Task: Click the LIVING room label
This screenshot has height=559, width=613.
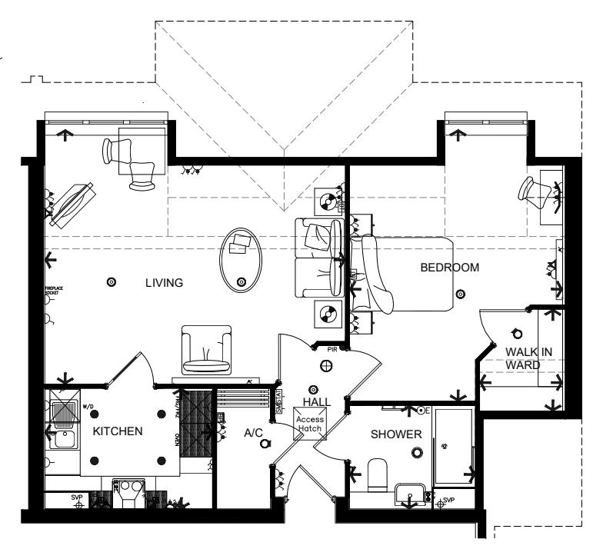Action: click(x=164, y=283)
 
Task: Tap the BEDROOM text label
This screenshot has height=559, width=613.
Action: click(x=449, y=268)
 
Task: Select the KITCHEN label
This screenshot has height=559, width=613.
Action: click(x=118, y=431)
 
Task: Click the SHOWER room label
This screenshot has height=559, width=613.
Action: click(x=396, y=434)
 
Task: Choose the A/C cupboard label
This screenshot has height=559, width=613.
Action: click(x=253, y=433)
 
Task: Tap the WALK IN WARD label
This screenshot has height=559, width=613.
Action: click(x=528, y=358)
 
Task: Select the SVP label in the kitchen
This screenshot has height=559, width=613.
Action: click(x=77, y=497)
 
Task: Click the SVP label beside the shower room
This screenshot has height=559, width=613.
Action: click(x=448, y=501)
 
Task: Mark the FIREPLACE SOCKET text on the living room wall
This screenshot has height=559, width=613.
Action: click(x=51, y=291)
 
